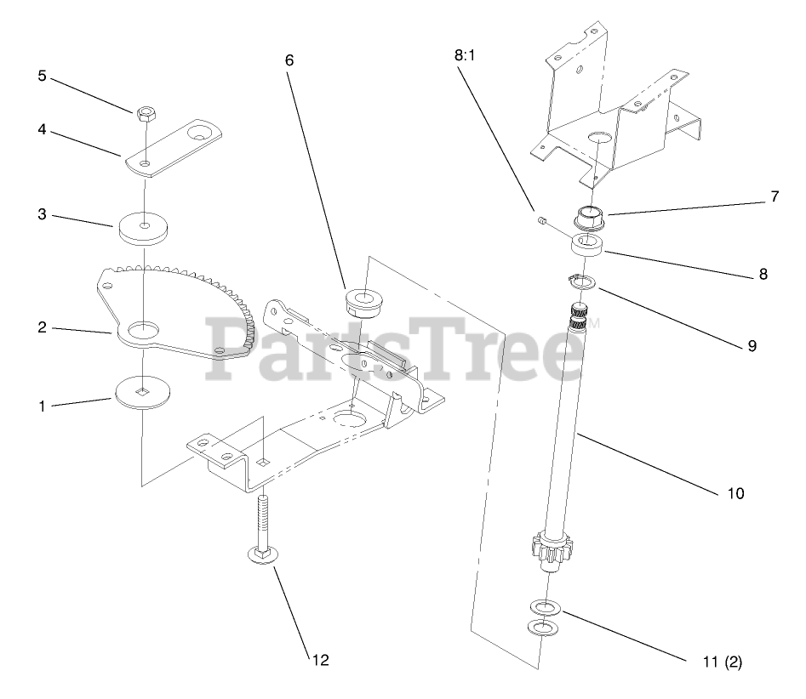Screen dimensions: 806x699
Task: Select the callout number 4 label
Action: point(41,132)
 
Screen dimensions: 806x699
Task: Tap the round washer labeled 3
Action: point(144,226)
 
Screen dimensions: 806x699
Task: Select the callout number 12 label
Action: point(321,659)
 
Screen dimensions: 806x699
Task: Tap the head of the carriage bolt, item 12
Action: point(262,554)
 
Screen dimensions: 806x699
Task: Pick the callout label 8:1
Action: point(466,57)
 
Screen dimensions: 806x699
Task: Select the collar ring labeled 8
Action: point(588,247)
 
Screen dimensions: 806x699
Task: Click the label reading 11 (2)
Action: point(716,662)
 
